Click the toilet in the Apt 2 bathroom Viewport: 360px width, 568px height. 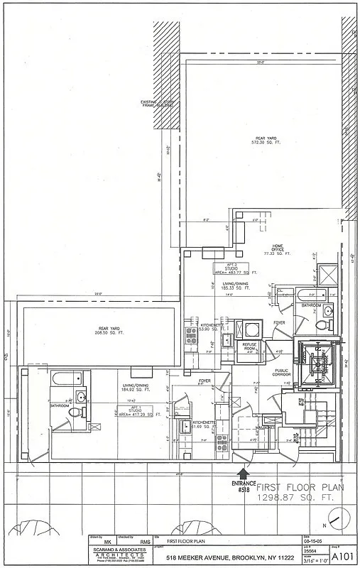click(320, 326)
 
